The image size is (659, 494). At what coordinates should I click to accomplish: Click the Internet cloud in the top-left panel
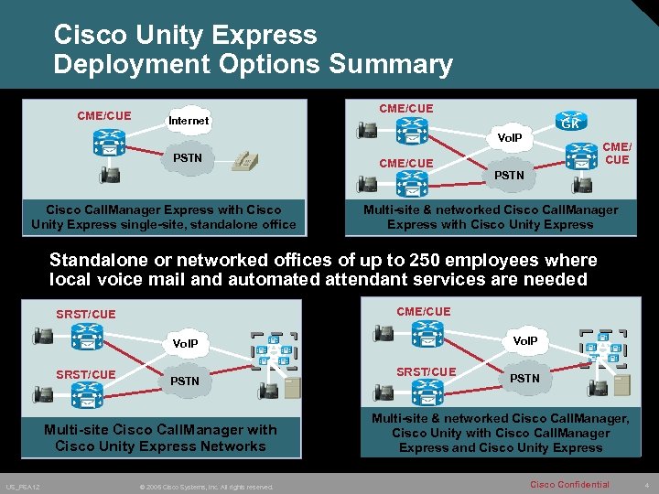click(189, 121)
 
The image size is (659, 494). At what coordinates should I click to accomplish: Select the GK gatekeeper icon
click(569, 123)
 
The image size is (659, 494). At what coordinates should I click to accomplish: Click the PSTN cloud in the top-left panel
click(188, 158)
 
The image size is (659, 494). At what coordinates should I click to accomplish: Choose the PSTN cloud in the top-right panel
click(509, 174)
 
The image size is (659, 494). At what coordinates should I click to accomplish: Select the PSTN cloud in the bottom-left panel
click(185, 380)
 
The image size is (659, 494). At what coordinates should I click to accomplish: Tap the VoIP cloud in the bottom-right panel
click(524, 340)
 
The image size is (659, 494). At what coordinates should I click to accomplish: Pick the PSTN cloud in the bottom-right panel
click(524, 377)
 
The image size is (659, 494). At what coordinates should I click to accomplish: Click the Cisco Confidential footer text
click(569, 485)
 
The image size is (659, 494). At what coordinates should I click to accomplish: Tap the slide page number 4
click(646, 485)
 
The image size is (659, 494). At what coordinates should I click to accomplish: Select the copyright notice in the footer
click(207, 487)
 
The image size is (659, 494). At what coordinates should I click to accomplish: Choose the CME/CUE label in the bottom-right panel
click(423, 311)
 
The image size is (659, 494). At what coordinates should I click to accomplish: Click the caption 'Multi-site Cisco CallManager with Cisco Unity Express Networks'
click(160, 437)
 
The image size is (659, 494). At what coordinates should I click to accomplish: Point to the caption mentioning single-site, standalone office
click(164, 217)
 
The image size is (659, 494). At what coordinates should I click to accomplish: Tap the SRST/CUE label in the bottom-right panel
click(426, 370)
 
